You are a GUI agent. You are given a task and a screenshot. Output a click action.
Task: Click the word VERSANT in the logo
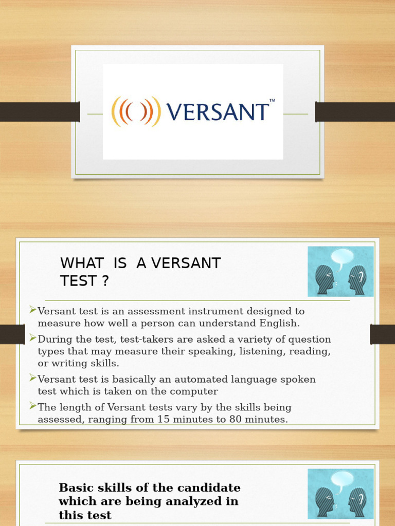218,112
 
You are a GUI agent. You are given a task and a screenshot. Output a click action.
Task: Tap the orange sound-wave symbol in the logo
136,111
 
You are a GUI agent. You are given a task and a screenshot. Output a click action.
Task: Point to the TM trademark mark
272,101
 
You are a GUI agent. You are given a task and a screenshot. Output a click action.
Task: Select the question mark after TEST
105,281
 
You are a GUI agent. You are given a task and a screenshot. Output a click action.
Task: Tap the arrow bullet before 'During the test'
33,338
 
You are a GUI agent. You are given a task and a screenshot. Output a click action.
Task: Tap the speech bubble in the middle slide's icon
342,257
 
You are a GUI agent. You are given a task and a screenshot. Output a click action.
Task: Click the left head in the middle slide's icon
325,280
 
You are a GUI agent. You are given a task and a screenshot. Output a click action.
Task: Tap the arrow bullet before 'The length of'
33,407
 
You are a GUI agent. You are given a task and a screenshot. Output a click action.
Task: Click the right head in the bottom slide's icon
357,502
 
